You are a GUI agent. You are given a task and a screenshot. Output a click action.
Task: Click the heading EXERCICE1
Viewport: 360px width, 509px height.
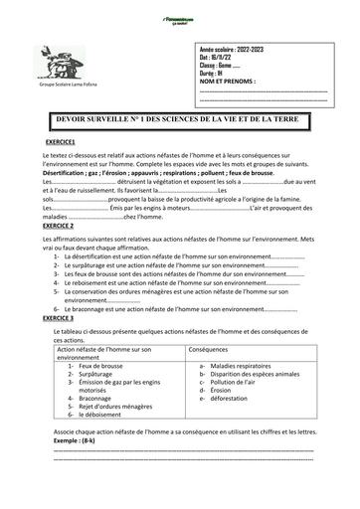click(x=61, y=143)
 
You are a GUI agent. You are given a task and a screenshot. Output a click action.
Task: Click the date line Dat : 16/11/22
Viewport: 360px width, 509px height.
click(x=219, y=57)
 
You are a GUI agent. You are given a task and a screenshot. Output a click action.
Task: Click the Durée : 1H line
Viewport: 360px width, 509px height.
click(x=215, y=73)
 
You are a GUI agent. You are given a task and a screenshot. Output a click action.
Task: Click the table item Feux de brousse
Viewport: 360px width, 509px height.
click(x=99, y=367)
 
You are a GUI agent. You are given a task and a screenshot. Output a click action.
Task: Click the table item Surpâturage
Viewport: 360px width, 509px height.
click(x=97, y=375)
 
